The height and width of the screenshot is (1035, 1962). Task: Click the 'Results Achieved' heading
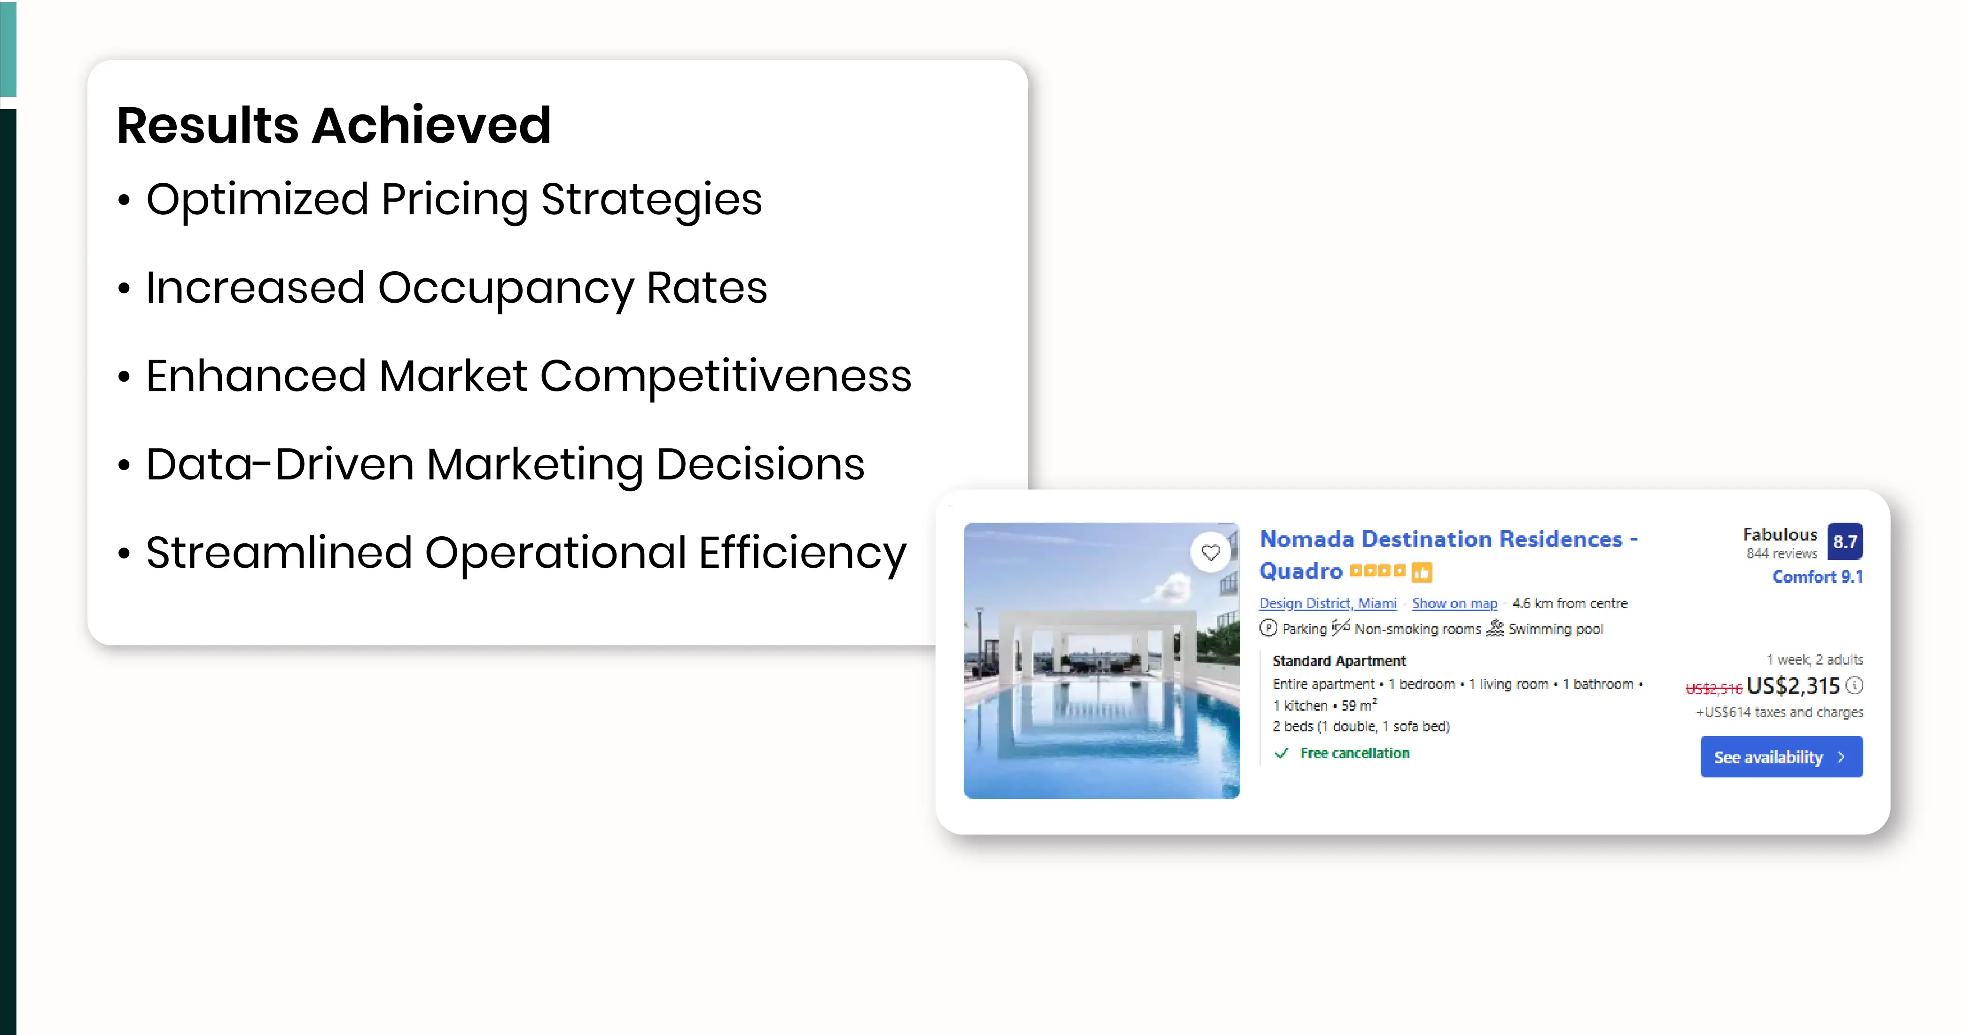[x=334, y=125]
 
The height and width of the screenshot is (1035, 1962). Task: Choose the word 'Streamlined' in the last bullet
[x=279, y=552]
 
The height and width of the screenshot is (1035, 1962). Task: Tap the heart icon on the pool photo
[x=1210, y=552]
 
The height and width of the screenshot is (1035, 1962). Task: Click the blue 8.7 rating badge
[x=1845, y=541]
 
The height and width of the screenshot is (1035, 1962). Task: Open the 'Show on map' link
[x=1454, y=603]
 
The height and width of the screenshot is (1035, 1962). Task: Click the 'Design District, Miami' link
[x=1328, y=603]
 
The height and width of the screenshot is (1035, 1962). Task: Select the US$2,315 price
[x=1793, y=686]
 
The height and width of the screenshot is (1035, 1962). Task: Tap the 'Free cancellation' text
[x=1354, y=753]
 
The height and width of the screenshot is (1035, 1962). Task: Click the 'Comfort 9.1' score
[x=1817, y=577]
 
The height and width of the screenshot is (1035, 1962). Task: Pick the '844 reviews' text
[x=1782, y=554]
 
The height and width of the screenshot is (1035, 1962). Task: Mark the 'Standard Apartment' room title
[x=1339, y=661]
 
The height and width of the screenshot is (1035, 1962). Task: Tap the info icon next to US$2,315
[x=1854, y=685]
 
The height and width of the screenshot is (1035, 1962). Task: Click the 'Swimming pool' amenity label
[x=1556, y=629]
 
